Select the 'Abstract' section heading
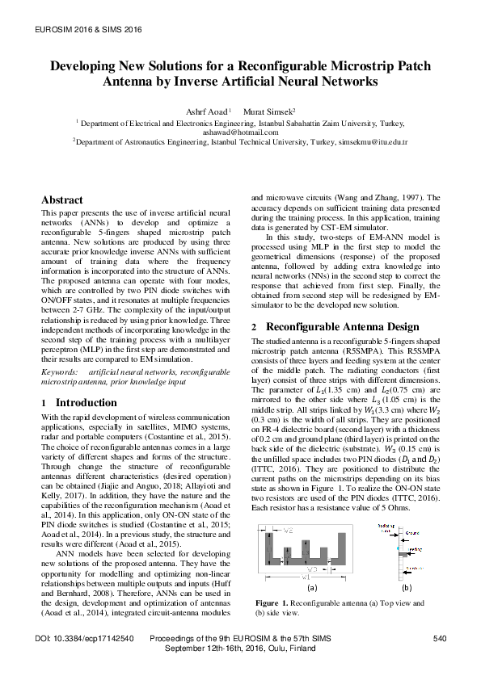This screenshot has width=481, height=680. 61,199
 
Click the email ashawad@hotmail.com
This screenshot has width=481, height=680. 240,132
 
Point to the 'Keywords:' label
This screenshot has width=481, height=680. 60,371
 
